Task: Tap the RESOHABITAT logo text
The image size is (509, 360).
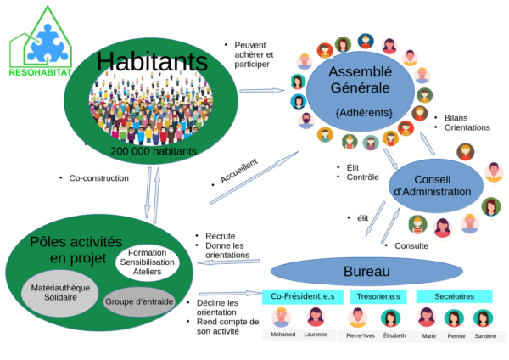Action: (x=40, y=72)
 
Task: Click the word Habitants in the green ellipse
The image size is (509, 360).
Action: (x=152, y=61)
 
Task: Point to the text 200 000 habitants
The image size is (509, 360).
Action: (x=154, y=151)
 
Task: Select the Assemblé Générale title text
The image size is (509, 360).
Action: (x=360, y=80)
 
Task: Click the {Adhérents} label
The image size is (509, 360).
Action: (x=364, y=112)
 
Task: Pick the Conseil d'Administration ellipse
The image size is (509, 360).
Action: (x=436, y=186)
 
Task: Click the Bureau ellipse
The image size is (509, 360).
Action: (x=366, y=272)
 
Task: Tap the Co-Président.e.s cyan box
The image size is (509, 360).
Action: (x=303, y=296)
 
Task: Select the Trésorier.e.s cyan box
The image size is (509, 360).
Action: (x=378, y=296)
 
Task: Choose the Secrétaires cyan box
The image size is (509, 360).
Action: (x=454, y=296)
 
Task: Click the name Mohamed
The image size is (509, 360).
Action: (x=283, y=335)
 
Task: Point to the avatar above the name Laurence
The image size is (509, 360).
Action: (x=316, y=318)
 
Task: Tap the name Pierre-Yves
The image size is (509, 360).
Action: (x=361, y=335)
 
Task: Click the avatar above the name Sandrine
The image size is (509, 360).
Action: (x=483, y=318)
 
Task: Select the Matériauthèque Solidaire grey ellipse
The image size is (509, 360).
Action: (x=60, y=293)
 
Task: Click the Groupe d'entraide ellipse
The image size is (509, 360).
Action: (x=139, y=302)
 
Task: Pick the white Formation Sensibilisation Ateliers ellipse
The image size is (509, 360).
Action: (x=147, y=262)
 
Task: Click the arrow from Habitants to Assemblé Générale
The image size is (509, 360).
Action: (x=262, y=91)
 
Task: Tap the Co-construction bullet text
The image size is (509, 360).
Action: (x=98, y=178)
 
